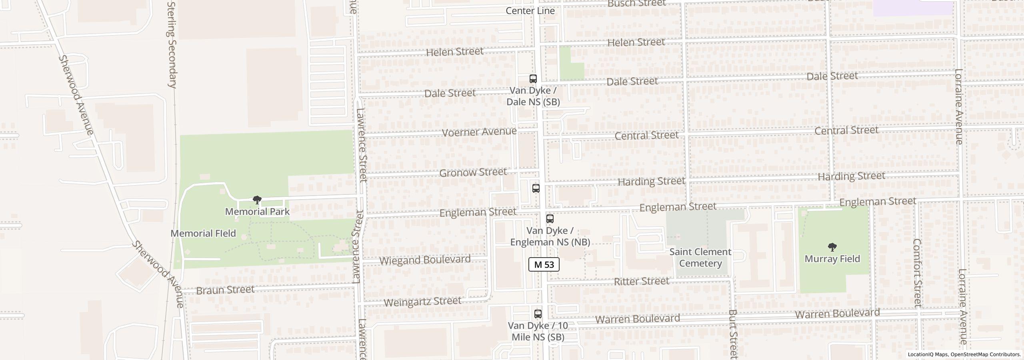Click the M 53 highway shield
tap(544, 264)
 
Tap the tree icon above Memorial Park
tap(257, 200)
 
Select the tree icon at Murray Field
tap(832, 247)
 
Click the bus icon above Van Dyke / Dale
tap(533, 79)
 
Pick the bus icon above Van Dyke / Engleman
tap(550, 219)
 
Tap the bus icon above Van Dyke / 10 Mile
tap(538, 314)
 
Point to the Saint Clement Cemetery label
tap(700, 258)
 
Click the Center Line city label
tap(530, 11)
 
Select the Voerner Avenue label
tap(479, 132)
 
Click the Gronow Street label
tap(473, 172)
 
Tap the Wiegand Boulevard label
tap(425, 260)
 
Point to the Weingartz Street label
tap(422, 302)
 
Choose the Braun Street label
tap(225, 290)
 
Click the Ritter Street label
tap(641, 281)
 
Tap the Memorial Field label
tap(203, 233)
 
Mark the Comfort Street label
tap(917, 273)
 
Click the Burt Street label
tap(733, 334)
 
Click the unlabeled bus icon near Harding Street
tap(536, 188)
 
